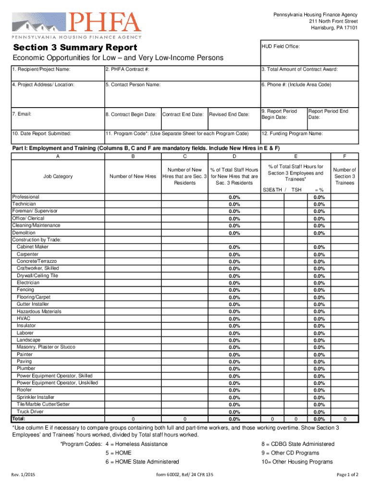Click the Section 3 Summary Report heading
pyautogui.click(x=75, y=48)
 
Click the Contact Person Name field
pyautogui.click(x=181, y=94)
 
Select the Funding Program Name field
pyautogui.click(x=309, y=137)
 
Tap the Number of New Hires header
pyautogui.click(x=133, y=176)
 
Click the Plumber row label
pyautogui.click(x=26, y=369)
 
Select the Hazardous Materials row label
pyautogui.click(x=39, y=311)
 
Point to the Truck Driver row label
pyautogui.click(x=30, y=411)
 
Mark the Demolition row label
pyautogui.click(x=24, y=233)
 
